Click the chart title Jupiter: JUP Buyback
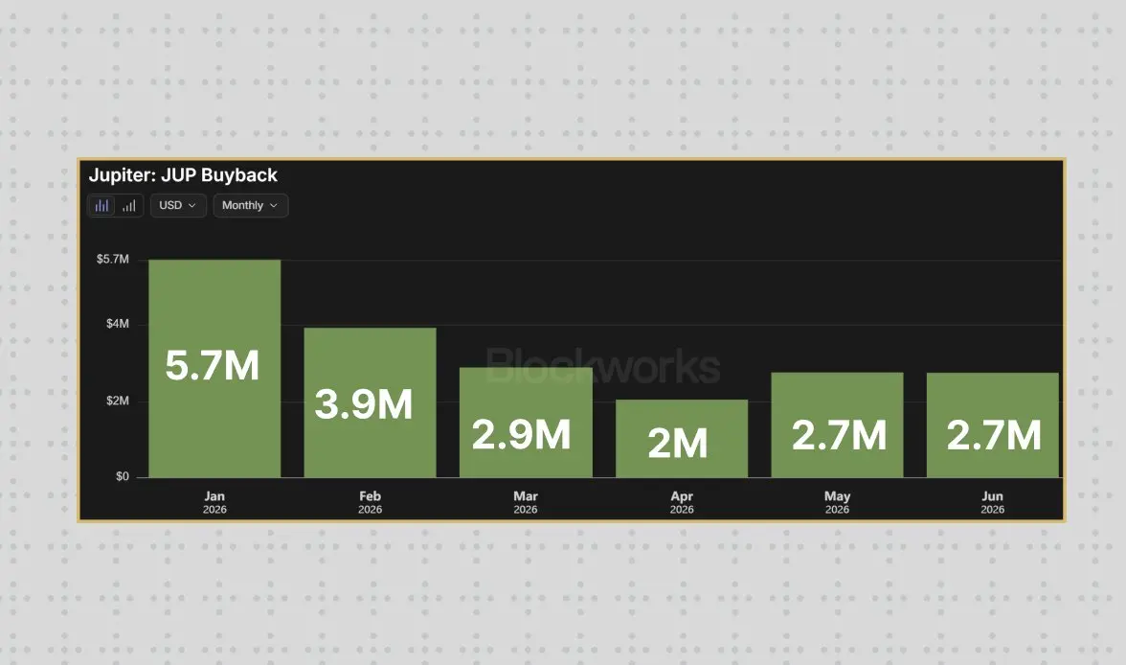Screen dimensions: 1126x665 183,175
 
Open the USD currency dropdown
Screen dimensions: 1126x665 178,206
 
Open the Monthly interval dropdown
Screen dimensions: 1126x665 251,206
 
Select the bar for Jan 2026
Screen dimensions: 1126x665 214,368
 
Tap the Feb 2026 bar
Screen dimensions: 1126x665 370,402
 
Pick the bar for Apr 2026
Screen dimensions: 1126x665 682,439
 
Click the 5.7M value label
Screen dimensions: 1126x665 212,365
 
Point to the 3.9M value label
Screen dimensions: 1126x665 364,404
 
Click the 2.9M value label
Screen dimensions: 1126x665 521,435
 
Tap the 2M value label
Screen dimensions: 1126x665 678,443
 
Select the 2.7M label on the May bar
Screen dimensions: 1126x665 839,436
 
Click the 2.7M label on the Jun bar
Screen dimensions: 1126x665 994,436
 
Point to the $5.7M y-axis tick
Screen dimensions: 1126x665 113,259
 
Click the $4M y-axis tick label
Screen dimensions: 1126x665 118,324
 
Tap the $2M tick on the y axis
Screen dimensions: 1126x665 118,401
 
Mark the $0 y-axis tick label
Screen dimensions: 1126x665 123,476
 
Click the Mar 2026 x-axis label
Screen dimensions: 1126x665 526,502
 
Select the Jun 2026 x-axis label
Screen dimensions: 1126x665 992,502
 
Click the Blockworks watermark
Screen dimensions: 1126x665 603,366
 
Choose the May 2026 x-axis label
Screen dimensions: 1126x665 837,502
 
